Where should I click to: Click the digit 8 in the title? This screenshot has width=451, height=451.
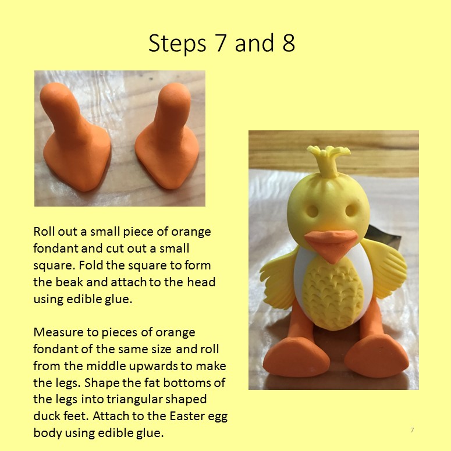pyautogui.click(x=289, y=43)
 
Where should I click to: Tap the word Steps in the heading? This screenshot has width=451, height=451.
pyautogui.click(x=177, y=44)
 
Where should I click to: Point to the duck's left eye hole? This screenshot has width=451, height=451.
pyautogui.click(x=312, y=211)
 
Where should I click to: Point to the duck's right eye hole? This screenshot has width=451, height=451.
pyautogui.click(x=351, y=211)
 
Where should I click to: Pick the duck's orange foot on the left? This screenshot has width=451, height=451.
pyautogui.click(x=296, y=357)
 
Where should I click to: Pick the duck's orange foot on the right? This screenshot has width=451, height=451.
pyautogui.click(x=377, y=357)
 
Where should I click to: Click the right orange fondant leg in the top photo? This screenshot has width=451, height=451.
pyautogui.click(x=168, y=137)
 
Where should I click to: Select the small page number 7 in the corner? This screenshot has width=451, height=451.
pyautogui.click(x=412, y=430)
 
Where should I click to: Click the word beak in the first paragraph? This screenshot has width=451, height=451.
pyautogui.click(x=69, y=282)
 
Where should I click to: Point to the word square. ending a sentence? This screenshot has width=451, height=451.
pyautogui.click(x=54, y=266)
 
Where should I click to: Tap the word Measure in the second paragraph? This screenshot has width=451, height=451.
pyautogui.click(x=58, y=332)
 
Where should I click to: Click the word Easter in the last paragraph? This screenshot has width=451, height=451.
pyautogui.click(x=188, y=416)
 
